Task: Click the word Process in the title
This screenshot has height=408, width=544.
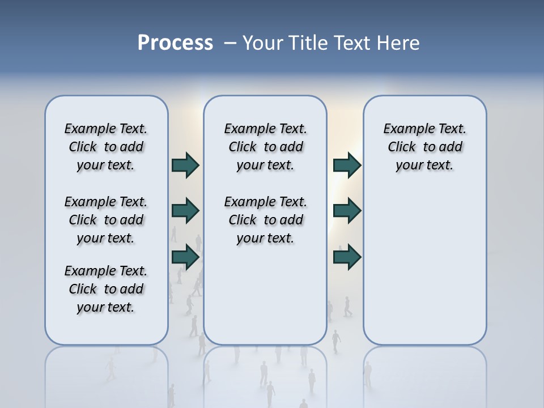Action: [x=175, y=43]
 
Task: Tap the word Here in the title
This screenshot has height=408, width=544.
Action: [x=399, y=43]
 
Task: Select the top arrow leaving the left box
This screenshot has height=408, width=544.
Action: [x=185, y=165]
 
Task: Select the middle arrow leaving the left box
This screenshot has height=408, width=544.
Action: [x=185, y=211]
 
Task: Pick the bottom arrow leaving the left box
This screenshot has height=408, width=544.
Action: [x=185, y=257]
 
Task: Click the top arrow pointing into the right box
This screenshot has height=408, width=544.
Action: [x=347, y=165]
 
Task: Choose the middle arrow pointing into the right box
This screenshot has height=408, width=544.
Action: [x=347, y=211]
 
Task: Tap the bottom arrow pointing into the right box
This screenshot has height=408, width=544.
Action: [x=347, y=257]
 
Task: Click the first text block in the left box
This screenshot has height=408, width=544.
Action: [x=106, y=147]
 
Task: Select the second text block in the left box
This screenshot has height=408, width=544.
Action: [x=106, y=220]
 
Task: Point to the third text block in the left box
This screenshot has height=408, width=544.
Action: [x=106, y=289]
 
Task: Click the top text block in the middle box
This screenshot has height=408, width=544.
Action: [x=265, y=147]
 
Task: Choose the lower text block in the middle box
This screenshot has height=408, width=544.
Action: [x=265, y=220]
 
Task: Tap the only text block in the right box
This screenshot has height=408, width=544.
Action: [x=425, y=147]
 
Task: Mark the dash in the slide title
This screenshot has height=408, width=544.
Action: [x=230, y=43]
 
